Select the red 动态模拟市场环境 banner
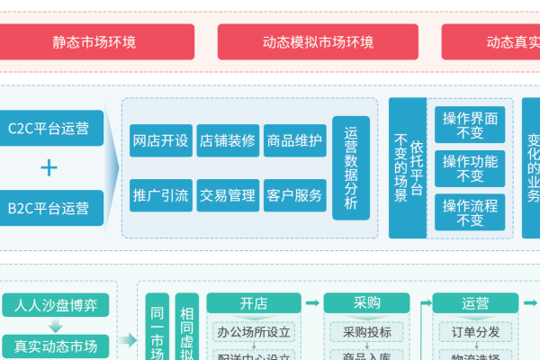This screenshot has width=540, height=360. (x=318, y=41)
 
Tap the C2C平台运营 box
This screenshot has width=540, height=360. (x=49, y=127)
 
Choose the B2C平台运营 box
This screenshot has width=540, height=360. (x=49, y=208)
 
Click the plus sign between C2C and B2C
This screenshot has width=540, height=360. (x=49, y=167)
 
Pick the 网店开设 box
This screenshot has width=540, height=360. (x=160, y=141)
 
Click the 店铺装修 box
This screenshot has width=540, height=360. (x=228, y=141)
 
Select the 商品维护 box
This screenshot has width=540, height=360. (x=294, y=141)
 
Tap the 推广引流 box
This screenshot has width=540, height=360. (x=160, y=195)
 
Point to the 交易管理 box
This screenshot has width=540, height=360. (x=228, y=195)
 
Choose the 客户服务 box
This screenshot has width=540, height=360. (x=294, y=195)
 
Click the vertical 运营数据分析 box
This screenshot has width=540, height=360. (x=351, y=167)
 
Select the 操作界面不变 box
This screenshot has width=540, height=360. (x=469, y=126)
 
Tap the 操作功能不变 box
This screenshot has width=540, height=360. (x=469, y=168)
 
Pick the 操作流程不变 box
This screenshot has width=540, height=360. (x=469, y=211)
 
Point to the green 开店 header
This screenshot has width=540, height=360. (x=253, y=303)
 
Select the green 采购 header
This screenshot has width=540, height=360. (x=366, y=303)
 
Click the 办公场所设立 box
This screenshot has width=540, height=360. (x=254, y=332)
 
